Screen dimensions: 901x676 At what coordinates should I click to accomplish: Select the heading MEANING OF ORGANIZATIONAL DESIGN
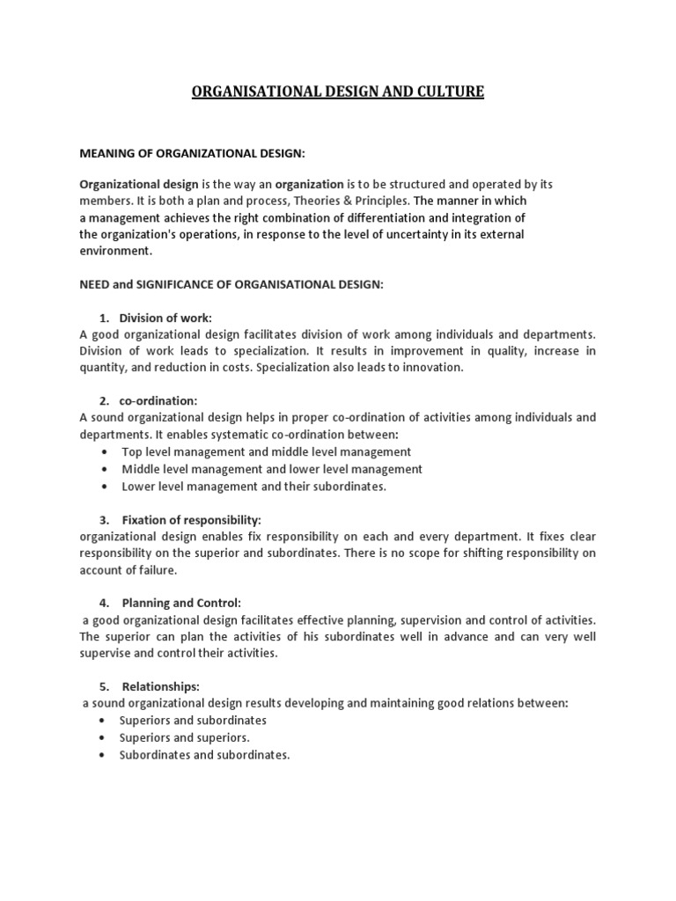(x=192, y=153)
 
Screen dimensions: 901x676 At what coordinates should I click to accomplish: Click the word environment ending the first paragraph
(x=114, y=251)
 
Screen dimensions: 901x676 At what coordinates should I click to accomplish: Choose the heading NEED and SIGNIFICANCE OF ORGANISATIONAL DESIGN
(x=232, y=284)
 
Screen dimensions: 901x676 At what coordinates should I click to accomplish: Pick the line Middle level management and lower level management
(x=272, y=469)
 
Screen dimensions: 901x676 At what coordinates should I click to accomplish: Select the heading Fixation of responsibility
(x=192, y=519)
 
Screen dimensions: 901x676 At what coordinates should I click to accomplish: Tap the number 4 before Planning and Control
(x=103, y=603)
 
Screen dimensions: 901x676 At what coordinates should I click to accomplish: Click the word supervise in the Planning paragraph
(x=104, y=653)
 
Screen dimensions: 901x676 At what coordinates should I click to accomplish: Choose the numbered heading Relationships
(x=161, y=686)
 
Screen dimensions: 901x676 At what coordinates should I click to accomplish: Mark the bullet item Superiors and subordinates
(x=194, y=721)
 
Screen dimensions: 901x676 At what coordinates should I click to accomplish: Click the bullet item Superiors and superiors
(x=185, y=737)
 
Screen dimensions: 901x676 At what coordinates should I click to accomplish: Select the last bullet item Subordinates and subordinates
(x=204, y=755)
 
